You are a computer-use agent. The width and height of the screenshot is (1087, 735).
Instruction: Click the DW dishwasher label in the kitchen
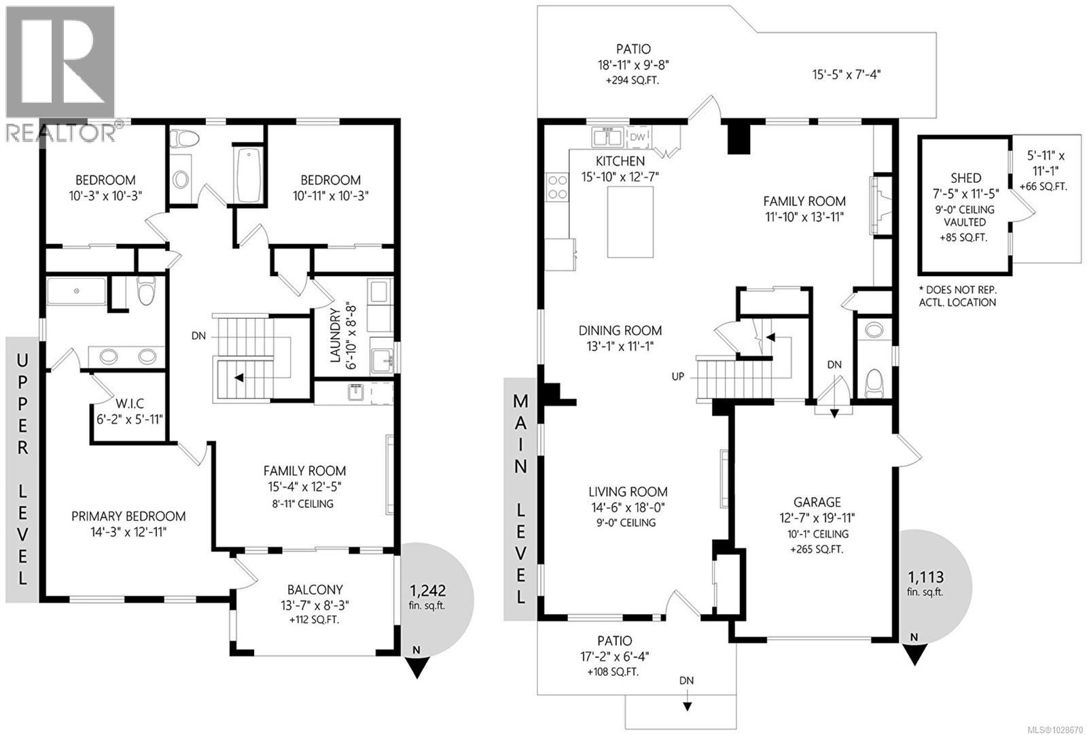pyautogui.click(x=637, y=137)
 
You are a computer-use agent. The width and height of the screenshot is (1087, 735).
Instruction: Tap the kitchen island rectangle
pyautogui.click(x=630, y=222)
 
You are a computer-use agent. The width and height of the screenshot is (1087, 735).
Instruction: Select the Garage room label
pyautogui.click(x=817, y=502)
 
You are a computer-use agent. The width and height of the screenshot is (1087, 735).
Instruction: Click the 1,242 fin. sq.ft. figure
pyautogui.click(x=428, y=590)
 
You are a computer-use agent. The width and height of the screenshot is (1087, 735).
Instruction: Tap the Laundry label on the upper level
pyautogui.click(x=334, y=335)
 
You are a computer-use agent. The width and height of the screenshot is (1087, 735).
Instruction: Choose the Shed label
pyautogui.click(x=965, y=177)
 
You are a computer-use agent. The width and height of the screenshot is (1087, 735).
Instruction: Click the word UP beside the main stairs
pyautogui.click(x=677, y=376)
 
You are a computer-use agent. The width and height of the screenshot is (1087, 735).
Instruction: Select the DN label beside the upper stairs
pyautogui.click(x=198, y=336)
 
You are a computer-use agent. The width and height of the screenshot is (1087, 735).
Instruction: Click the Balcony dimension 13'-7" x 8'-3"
pyautogui.click(x=314, y=604)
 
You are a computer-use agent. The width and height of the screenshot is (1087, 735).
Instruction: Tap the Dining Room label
pyautogui.click(x=620, y=330)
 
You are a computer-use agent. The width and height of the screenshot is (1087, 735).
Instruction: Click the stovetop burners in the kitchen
pyautogui.click(x=558, y=187)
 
